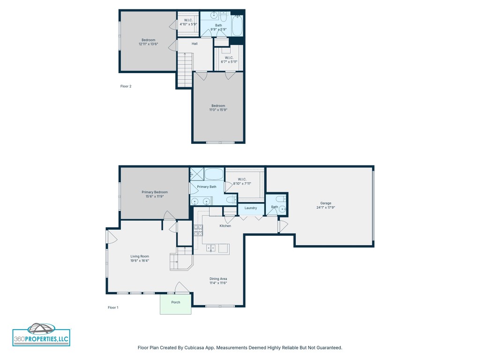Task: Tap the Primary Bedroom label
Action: pos(155,192)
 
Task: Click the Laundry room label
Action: pos(250,208)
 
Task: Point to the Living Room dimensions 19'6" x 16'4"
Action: pos(140,261)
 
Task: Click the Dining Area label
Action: pos(218,279)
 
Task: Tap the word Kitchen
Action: pos(225,226)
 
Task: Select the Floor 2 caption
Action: pos(126,86)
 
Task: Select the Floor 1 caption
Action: pos(113,307)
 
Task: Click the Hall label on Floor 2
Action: pos(194,44)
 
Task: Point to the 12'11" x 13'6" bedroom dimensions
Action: pos(148,44)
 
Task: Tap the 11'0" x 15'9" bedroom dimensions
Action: pos(218,110)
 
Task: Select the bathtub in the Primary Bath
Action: pos(214,175)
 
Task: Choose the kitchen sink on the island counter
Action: pos(211,248)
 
